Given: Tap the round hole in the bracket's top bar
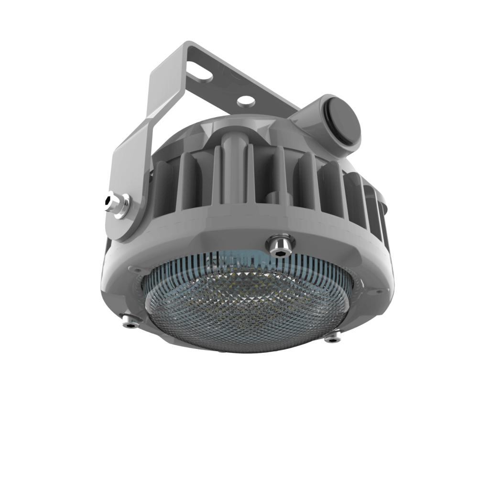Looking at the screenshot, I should pos(245,101).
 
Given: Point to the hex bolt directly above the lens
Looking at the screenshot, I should pos(280,245).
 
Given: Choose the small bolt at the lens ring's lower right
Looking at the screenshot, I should pos(333,337).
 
